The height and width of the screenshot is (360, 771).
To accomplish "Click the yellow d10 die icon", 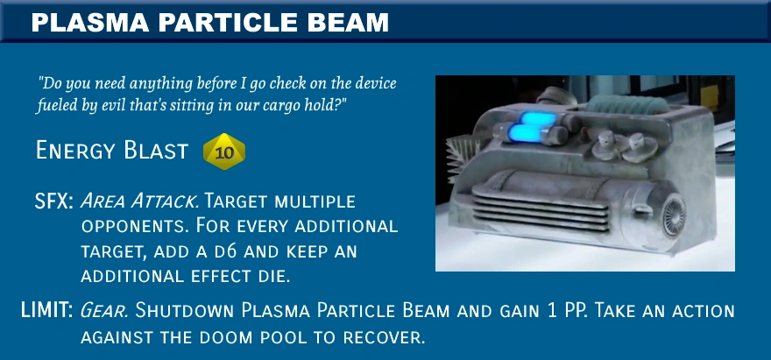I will (x=224, y=152).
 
